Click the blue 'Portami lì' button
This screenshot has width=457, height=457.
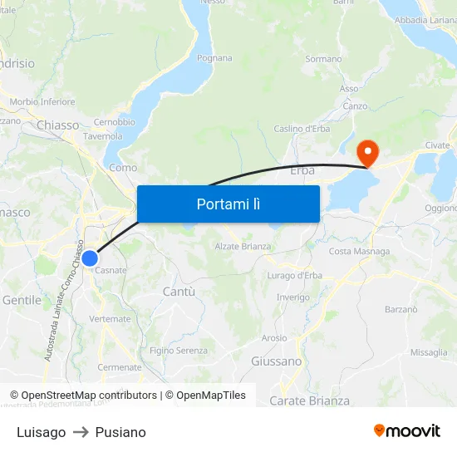[x=228, y=204]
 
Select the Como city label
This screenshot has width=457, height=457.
[x=123, y=168]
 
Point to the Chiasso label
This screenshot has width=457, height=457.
[x=58, y=125]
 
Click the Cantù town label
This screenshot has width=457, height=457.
[x=179, y=292]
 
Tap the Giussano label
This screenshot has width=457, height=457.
[x=276, y=361]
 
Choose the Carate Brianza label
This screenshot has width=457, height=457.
[x=309, y=400]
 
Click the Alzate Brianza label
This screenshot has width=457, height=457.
[x=243, y=247]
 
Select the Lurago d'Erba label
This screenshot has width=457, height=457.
[x=294, y=276]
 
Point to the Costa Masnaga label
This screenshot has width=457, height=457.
[x=359, y=252]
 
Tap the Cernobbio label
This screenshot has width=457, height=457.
[x=115, y=122]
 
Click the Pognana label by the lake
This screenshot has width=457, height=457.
[x=214, y=59]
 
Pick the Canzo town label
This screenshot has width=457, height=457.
[x=355, y=106]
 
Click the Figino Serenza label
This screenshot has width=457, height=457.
[x=179, y=351]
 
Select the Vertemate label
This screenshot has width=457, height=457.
[x=109, y=319]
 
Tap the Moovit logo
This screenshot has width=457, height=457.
[x=406, y=431]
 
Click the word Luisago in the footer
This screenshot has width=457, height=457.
[x=41, y=432]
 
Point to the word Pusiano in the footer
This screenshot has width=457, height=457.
[x=120, y=432]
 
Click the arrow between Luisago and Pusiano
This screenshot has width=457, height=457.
[x=81, y=432]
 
